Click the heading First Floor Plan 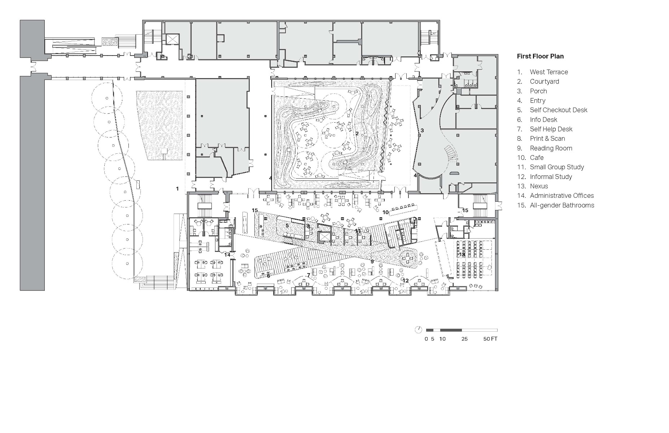pos(540,56)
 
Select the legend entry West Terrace pos(548,72)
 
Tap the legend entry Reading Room pos(551,148)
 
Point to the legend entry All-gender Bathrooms pos(561,205)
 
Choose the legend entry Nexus pos(539,186)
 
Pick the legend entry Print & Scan pos(547,139)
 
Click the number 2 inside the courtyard pos(357,134)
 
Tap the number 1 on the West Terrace pos(177,189)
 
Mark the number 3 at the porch pos(422,130)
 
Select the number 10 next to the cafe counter pos(385,212)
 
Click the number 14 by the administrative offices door pos(227,255)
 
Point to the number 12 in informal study pos(406,280)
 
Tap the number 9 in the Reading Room pos(372,261)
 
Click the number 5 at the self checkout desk pos(287,226)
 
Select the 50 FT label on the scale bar pos(490,339)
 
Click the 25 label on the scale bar pos(464,339)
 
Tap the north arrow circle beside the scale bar pos(418,329)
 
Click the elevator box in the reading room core pos(324,237)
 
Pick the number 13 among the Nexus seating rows pos(462,255)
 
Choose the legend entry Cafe pos(536,158)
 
